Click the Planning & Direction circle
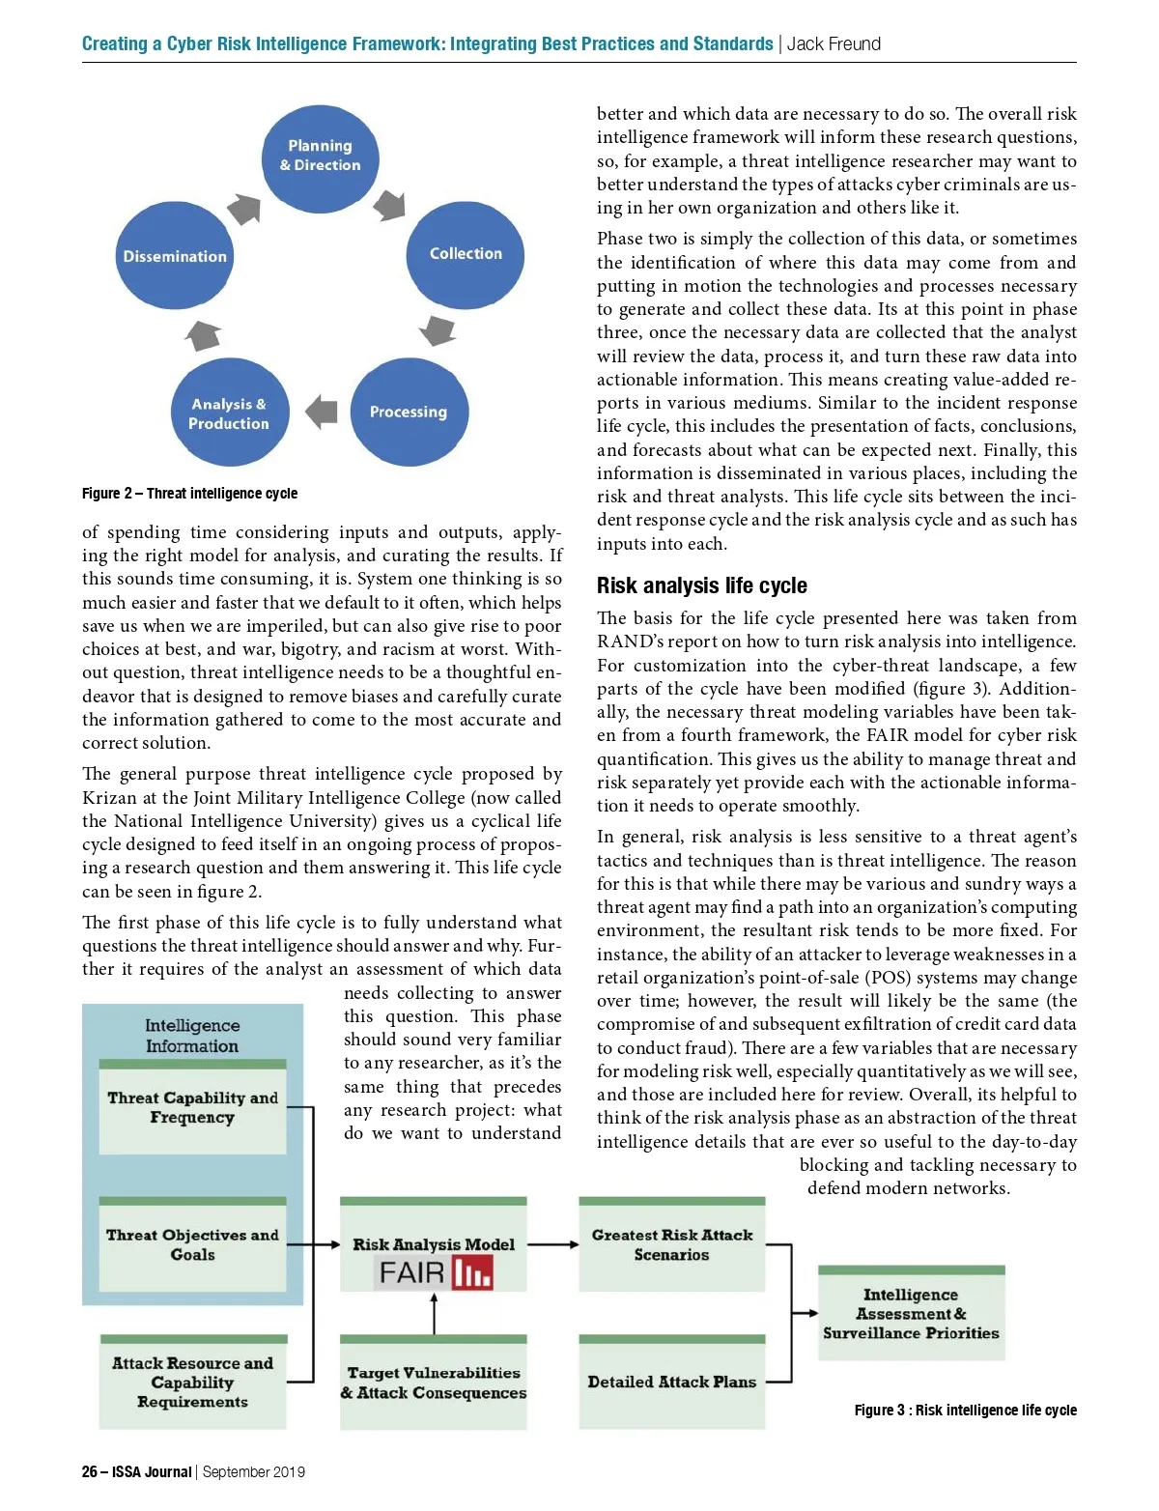(x=320, y=157)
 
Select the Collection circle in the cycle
(x=466, y=254)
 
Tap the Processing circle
(x=409, y=412)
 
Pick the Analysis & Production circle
(x=230, y=413)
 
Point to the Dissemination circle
(x=175, y=257)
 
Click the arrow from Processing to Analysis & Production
(x=322, y=412)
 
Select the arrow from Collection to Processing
(x=438, y=330)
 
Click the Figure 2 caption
(x=189, y=494)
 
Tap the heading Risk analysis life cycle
(x=701, y=585)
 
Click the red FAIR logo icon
(x=472, y=1273)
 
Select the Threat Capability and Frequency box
(x=192, y=1108)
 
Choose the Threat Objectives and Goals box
(x=192, y=1245)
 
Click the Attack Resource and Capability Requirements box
(x=192, y=1383)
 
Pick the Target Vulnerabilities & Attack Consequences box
(x=433, y=1383)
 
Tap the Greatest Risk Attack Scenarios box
(x=671, y=1245)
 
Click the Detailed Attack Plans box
(x=671, y=1383)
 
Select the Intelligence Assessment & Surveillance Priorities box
(x=911, y=1314)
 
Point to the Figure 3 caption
(x=965, y=1411)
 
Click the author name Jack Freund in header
(x=834, y=43)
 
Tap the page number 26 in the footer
(x=90, y=1472)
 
